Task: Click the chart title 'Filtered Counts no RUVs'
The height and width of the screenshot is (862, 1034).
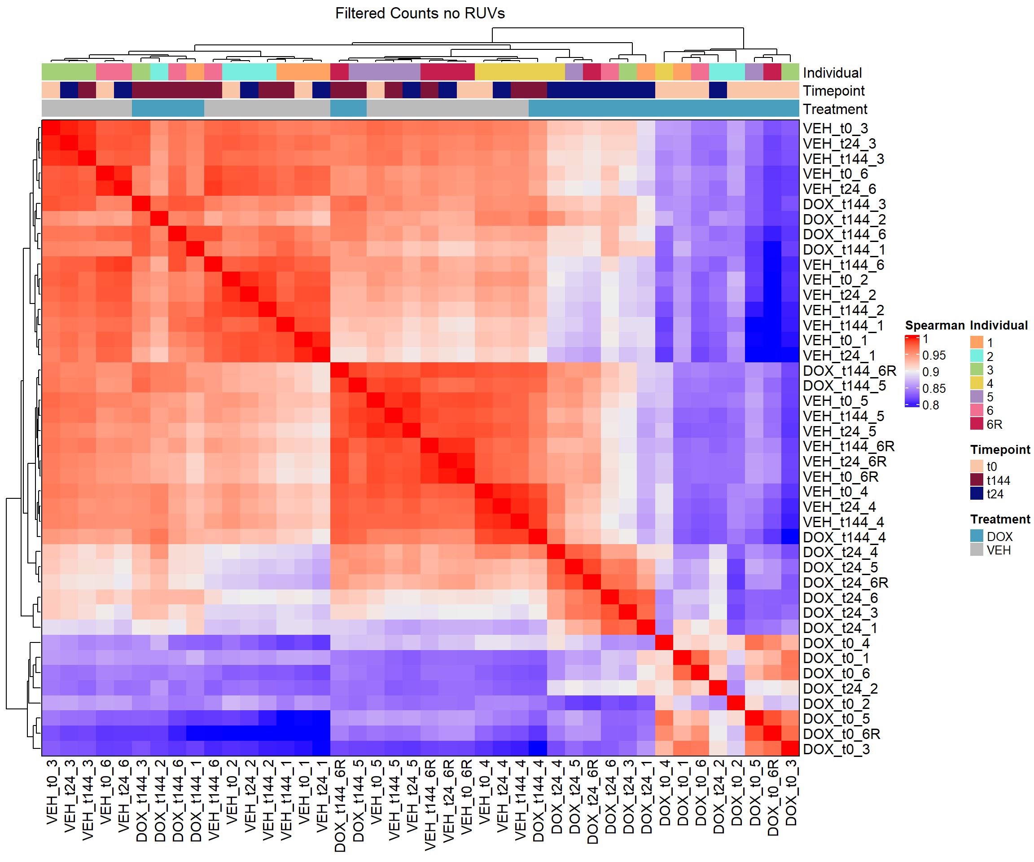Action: point(420,13)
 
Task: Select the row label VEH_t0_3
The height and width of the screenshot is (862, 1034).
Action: point(835,128)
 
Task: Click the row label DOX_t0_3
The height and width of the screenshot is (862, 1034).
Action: point(836,750)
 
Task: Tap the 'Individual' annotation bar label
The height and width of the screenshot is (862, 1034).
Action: point(832,73)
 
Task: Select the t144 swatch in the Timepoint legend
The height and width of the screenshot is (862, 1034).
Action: point(977,480)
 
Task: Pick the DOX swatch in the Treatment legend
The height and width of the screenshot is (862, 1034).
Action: point(977,536)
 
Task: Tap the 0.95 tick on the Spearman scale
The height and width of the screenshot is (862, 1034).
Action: point(933,355)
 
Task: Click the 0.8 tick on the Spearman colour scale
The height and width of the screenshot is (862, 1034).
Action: point(930,405)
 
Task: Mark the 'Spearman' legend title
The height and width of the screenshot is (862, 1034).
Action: point(934,325)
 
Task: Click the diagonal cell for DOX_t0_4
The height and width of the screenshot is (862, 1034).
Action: point(664,643)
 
